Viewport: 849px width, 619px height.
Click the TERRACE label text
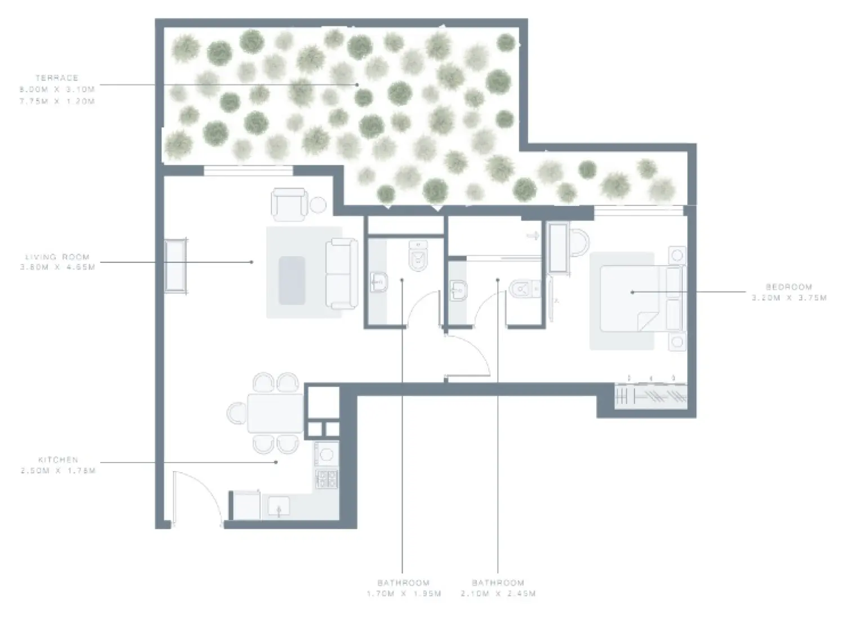[x=57, y=78]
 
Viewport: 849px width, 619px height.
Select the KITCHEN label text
[x=58, y=460]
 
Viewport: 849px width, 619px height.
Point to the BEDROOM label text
[x=788, y=287]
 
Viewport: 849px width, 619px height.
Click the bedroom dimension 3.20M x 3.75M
[x=788, y=298]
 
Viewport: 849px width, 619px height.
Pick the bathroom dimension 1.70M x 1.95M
[x=403, y=594]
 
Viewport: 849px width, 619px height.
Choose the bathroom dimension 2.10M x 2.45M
[x=498, y=594]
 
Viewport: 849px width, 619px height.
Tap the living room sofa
[x=342, y=273]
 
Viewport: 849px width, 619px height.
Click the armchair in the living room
[x=289, y=204]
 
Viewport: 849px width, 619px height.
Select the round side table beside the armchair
[x=319, y=204]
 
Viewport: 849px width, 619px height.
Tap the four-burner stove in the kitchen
[x=327, y=479]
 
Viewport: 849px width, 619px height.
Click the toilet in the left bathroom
[x=418, y=256]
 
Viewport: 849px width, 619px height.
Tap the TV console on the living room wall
[x=176, y=266]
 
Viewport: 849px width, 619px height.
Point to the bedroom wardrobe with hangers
[x=651, y=395]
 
